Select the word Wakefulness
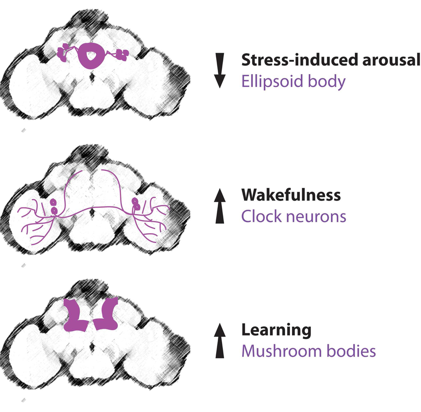(291, 195)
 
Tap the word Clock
(260, 217)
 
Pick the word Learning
(276, 330)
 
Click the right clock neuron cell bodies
(136, 204)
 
